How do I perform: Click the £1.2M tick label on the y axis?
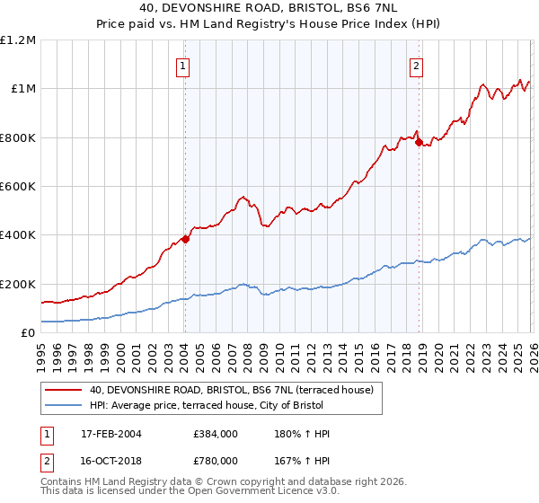pos(18,40)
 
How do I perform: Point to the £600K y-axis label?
pos(18,187)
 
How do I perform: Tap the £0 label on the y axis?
pos(29,333)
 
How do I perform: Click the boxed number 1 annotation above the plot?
pos(183,65)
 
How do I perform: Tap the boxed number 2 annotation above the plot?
pos(418,65)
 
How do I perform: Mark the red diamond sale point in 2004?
pos(185,239)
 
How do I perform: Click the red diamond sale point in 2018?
pos(419,142)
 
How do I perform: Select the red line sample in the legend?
pos(64,390)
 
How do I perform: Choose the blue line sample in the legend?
pos(64,406)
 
